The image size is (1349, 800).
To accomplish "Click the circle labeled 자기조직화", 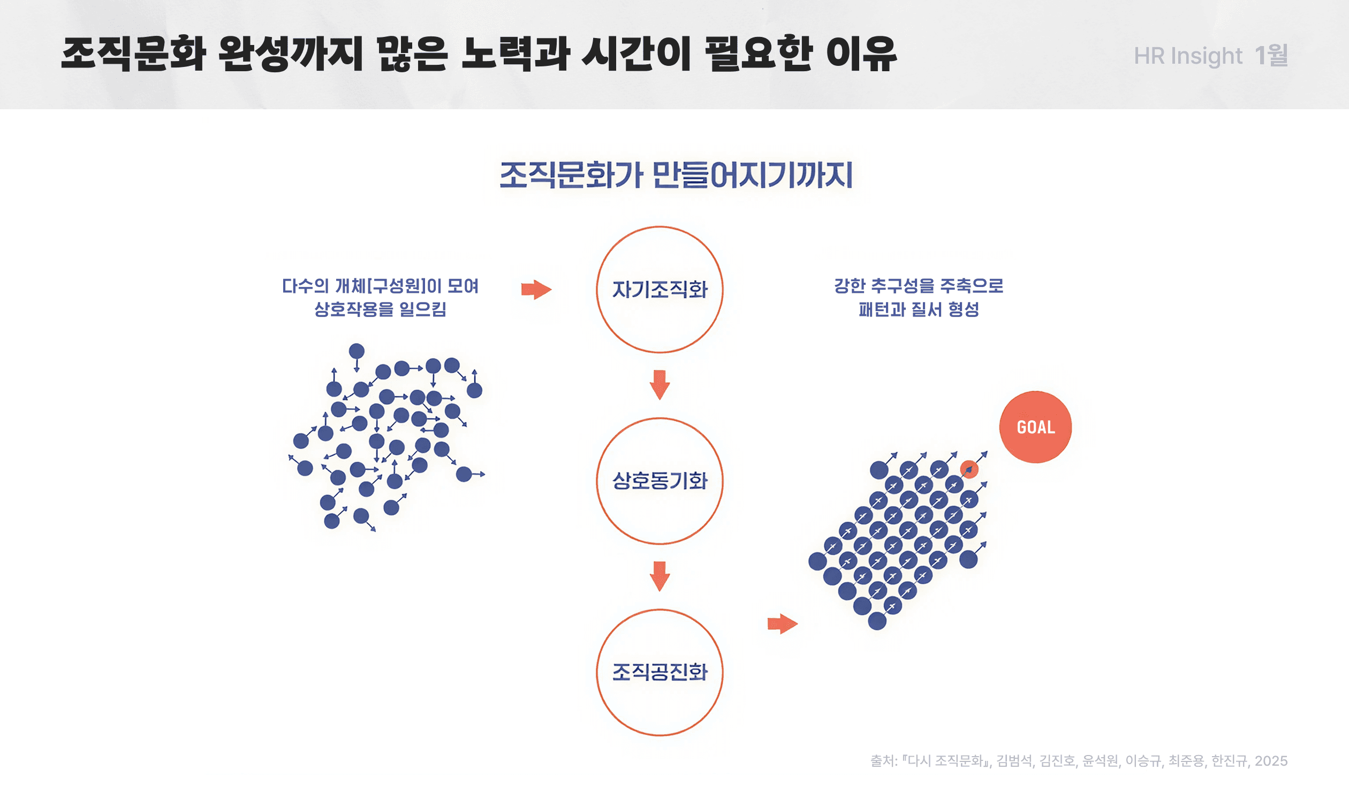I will (x=659, y=290).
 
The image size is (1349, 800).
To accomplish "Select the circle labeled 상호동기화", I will (x=659, y=481).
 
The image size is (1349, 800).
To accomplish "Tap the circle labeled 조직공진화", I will (x=659, y=672).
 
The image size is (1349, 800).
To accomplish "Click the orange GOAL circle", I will (x=1035, y=427).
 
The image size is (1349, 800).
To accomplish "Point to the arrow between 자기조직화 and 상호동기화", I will (x=659, y=384).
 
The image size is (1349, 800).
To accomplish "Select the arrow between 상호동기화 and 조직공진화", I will (x=659, y=576).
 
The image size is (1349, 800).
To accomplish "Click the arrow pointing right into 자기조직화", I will (x=536, y=290).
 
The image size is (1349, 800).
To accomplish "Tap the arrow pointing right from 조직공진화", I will (x=782, y=624).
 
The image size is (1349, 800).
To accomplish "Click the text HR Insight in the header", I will (x=1187, y=56).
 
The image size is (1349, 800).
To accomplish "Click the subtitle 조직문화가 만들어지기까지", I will (x=676, y=175).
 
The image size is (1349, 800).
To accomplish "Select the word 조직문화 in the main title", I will (x=133, y=55).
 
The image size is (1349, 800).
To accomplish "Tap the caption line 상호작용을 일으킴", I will (x=380, y=310).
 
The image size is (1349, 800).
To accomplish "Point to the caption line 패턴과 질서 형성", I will (x=918, y=310).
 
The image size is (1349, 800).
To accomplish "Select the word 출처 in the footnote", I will (x=882, y=761).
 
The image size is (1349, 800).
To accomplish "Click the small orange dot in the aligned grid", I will (x=968, y=469).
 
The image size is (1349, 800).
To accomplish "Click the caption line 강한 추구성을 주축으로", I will (x=918, y=286).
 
